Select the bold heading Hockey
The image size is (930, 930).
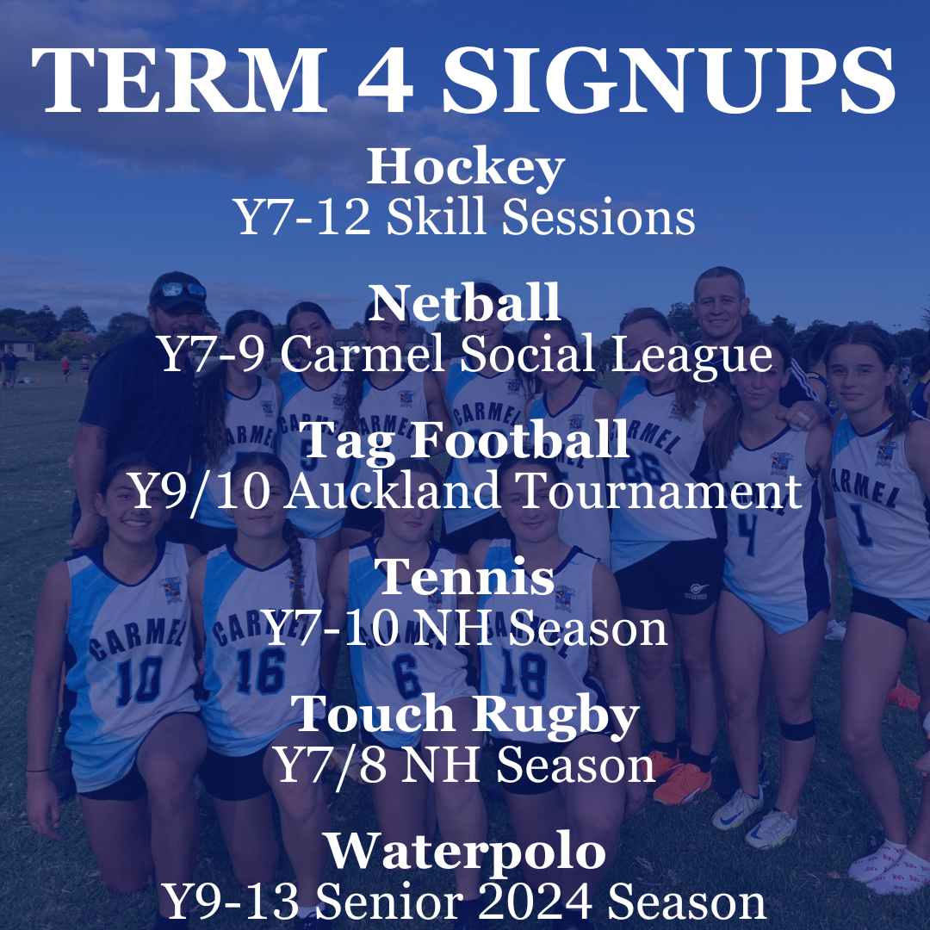click(x=465, y=168)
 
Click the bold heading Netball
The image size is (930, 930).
click(x=465, y=303)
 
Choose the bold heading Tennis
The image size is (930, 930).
click(x=465, y=577)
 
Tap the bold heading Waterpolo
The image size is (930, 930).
click(x=465, y=851)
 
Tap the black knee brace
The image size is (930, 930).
click(x=797, y=728)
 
